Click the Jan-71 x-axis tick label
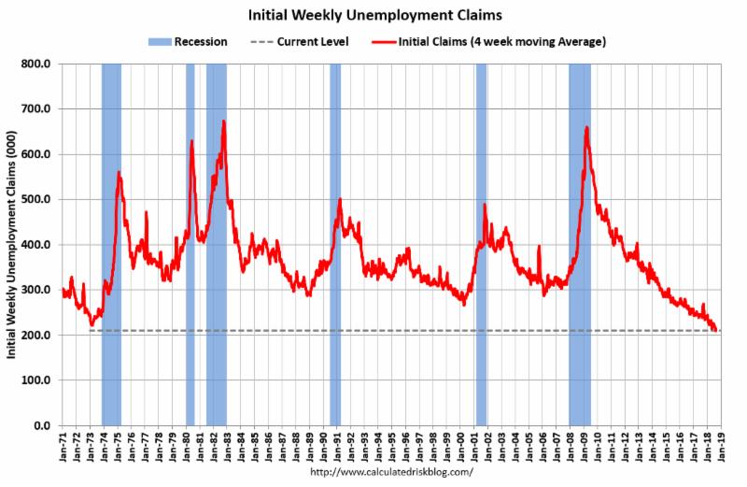click(62, 447)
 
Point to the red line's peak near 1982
click(224, 122)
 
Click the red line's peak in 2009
click(585, 127)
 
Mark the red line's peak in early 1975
click(119, 172)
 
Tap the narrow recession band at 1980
click(190, 243)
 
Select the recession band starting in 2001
click(481, 243)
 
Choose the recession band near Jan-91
click(335, 243)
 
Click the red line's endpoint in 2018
click(715, 330)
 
